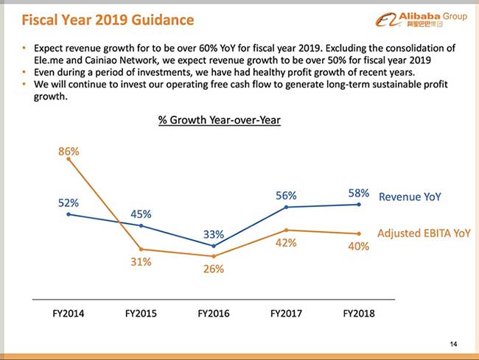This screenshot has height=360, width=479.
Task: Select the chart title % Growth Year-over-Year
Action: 220,119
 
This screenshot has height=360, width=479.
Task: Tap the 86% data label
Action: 69,152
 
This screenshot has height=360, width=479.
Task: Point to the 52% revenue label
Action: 69,202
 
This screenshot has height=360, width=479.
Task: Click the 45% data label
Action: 141,213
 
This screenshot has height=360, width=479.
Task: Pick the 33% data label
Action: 214,234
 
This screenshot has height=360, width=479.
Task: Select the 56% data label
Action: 286,195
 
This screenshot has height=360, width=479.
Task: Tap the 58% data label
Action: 358,194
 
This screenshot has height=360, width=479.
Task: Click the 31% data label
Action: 141,261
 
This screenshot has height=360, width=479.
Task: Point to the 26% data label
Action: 214,269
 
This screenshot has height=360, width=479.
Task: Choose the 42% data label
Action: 286,243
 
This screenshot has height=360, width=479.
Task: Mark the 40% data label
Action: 358,246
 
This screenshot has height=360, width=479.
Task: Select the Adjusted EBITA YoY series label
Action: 424,233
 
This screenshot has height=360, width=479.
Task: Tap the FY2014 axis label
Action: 69,313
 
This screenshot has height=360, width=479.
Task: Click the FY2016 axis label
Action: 214,313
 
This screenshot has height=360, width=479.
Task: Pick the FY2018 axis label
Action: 359,313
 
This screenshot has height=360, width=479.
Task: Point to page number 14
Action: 452,344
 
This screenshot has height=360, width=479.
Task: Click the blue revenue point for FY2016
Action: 214,246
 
